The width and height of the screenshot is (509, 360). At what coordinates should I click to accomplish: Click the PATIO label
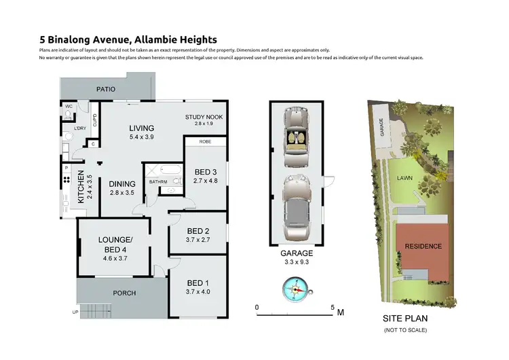105,89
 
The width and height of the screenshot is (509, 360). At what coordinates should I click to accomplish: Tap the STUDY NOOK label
203,117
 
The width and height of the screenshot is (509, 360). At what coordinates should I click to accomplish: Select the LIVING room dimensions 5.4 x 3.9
143,137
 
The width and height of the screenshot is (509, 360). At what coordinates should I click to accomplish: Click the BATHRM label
158,181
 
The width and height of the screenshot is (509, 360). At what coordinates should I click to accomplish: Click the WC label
69,107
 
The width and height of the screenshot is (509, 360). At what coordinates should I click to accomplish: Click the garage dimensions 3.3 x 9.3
295,260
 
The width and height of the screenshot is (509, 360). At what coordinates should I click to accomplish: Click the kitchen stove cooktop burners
67,181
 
